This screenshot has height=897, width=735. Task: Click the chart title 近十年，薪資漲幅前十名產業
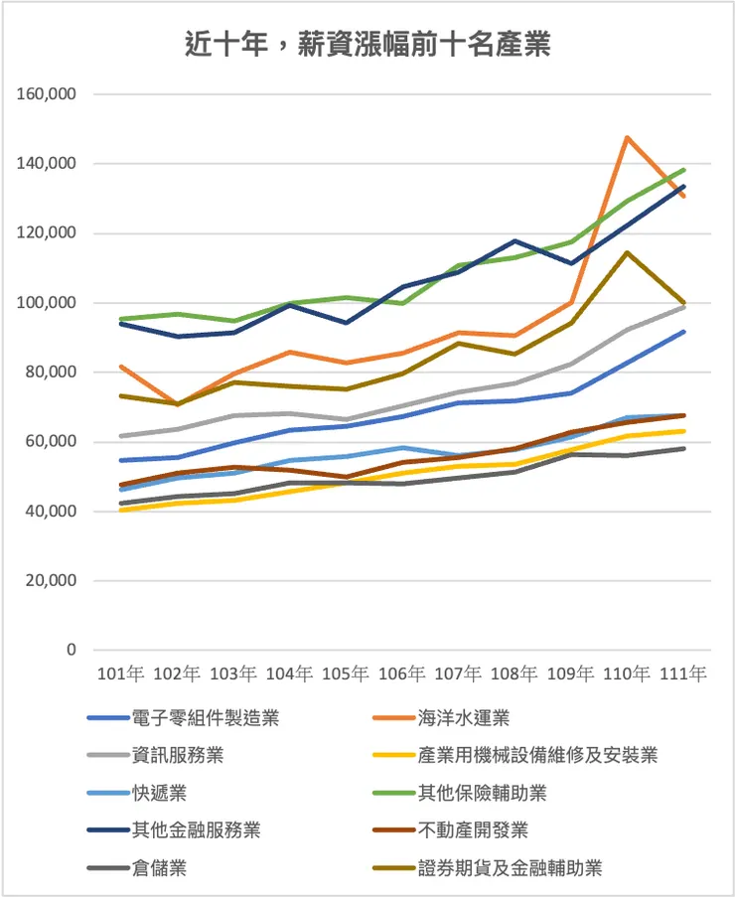[x=367, y=45]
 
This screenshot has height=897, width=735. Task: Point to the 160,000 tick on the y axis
[x=49, y=94]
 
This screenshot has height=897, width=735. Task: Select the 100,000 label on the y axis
[x=49, y=303]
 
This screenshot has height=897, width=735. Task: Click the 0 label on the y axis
[x=72, y=651]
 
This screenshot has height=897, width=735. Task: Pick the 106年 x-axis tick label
[x=401, y=674]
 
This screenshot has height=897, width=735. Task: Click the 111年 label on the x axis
[x=683, y=674]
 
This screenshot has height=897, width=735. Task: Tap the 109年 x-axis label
[x=570, y=674]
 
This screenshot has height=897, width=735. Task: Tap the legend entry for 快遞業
[x=159, y=793]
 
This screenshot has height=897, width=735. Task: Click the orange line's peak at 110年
[x=627, y=137]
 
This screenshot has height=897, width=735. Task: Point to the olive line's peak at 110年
[x=627, y=252]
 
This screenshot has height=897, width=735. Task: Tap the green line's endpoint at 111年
[x=683, y=170]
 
